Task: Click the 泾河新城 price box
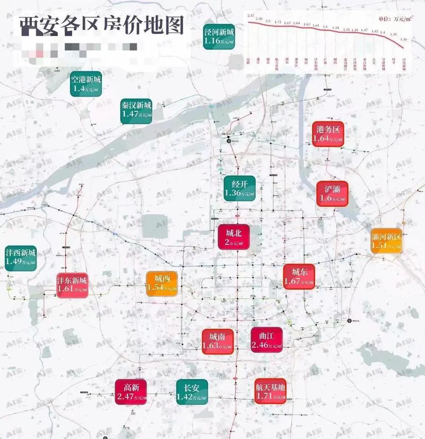[219, 37]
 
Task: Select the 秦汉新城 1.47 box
[137, 110]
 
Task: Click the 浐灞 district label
[333, 194]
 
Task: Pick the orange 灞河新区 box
[386, 240]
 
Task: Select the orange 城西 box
[162, 283]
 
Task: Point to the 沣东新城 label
[72, 286]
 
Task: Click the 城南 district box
[217, 341]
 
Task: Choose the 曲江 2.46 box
[266, 341]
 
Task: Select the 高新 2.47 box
[131, 392]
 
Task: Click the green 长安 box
[192, 392]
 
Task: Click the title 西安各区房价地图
[101, 25]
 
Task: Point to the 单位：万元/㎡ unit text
[395, 19]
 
